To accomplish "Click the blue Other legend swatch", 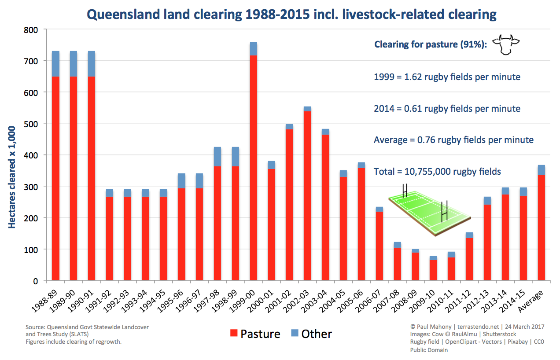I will [294, 334].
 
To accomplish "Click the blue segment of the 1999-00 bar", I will [253, 49].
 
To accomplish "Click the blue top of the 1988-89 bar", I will [55, 64].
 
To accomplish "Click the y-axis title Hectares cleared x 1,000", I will [12, 177].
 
